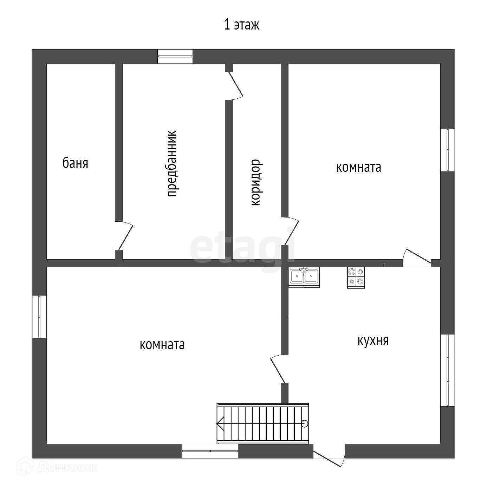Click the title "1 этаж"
click(242, 25)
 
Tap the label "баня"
click(75, 163)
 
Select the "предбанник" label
click(171, 164)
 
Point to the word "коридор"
click(255, 182)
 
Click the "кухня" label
click(373, 340)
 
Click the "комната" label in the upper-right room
click(358, 167)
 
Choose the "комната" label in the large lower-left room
click(162, 345)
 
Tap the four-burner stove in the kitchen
click(356, 277)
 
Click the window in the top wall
click(175, 56)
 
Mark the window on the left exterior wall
click(39, 317)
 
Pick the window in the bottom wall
click(210, 451)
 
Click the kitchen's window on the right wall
click(448, 370)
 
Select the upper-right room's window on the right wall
click(448, 150)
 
